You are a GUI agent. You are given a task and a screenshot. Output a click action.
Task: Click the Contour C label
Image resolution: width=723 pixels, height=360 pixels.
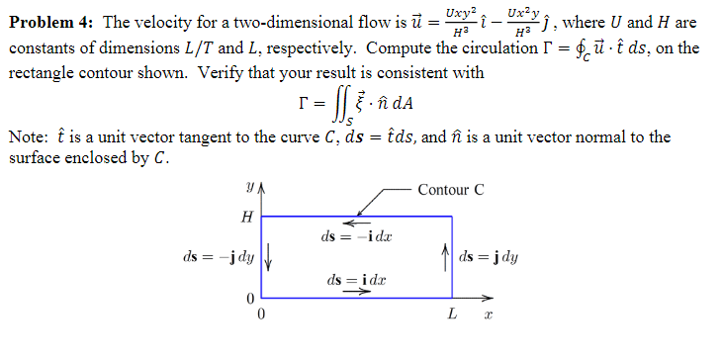coord(451,190)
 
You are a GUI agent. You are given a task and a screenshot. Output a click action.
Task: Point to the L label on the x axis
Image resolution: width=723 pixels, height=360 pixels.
coord(451,315)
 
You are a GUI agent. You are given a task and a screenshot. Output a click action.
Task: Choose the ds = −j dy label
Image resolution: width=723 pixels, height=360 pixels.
coord(219,257)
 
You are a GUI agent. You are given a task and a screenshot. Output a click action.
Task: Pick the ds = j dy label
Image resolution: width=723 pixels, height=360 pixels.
coord(490,257)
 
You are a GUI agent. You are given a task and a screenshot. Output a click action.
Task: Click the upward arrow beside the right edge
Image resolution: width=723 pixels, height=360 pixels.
coord(446,254)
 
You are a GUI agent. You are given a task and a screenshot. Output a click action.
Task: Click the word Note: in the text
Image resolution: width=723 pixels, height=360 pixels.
coord(28,137)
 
